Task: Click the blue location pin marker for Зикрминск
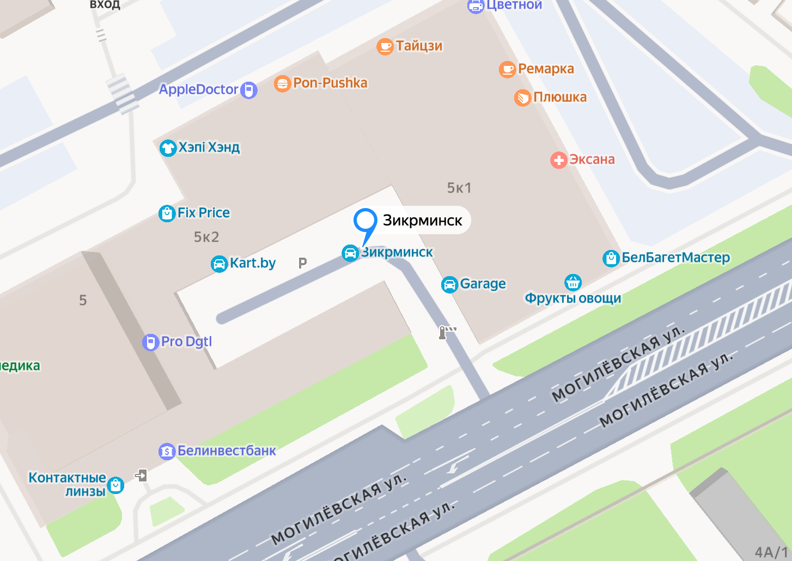[365, 222]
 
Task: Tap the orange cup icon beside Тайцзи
[385, 46]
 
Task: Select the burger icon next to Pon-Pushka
[282, 84]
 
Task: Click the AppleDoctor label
[199, 89]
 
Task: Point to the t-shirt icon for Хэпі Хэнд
[168, 148]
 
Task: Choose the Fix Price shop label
[204, 212]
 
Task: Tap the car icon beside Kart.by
[219, 264]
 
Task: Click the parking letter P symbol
[303, 263]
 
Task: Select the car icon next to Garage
[449, 284]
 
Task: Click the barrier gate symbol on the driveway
[447, 332]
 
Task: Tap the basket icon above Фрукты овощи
[573, 282]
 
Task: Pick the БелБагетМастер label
[675, 257]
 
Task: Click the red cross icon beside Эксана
[558, 160]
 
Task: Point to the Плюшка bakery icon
[522, 98]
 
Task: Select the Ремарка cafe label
[546, 69]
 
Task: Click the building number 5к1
[459, 188]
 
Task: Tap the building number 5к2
[206, 237]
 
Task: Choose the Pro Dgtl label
[186, 342]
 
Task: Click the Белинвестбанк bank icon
[167, 452]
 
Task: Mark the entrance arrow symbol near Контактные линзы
[141, 475]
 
